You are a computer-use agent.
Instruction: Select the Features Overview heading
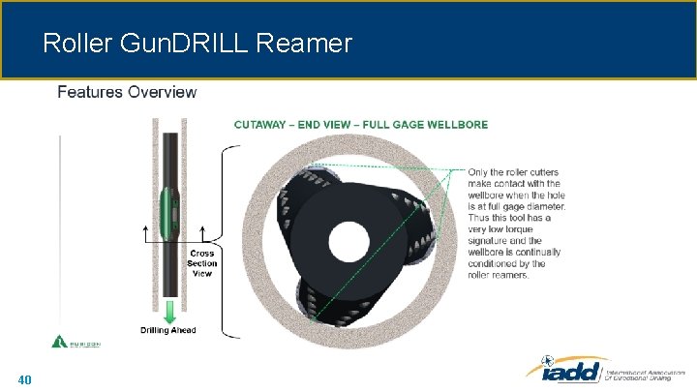tap(127, 93)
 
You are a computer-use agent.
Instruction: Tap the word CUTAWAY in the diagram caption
tap(263, 124)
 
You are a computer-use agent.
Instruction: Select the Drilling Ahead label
tap(169, 331)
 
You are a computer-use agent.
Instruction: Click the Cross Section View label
tap(201, 263)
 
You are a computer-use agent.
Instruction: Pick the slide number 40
tap(24, 379)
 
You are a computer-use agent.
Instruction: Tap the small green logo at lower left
tap(60, 342)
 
